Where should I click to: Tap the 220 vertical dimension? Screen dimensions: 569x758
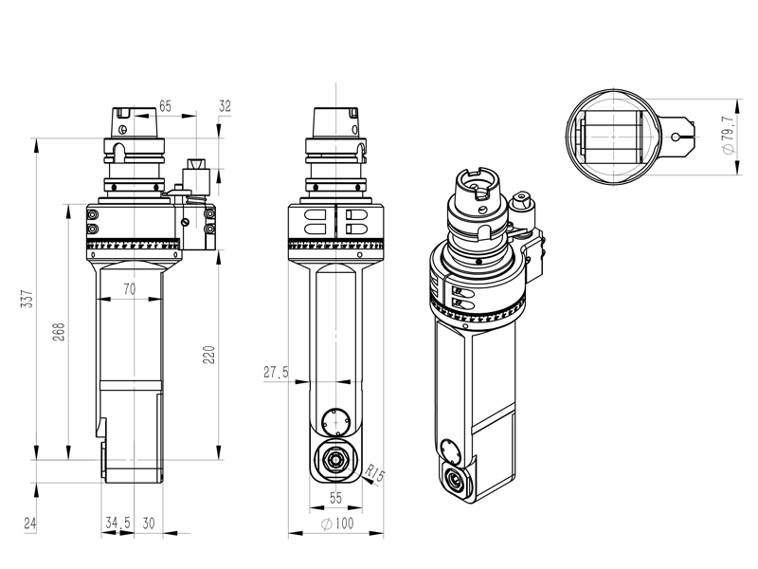point(209,354)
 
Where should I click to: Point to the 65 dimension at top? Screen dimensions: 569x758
point(165,106)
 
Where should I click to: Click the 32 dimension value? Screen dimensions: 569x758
point(225,106)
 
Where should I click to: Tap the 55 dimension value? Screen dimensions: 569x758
point(335,497)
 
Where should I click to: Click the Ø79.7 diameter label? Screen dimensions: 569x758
point(727,137)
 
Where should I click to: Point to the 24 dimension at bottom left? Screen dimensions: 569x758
point(29,523)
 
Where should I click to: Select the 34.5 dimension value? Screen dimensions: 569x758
point(117,523)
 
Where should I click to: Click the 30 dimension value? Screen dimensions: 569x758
point(149,523)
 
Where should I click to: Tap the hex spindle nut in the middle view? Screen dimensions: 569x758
point(335,461)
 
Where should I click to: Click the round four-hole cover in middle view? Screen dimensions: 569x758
point(335,420)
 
